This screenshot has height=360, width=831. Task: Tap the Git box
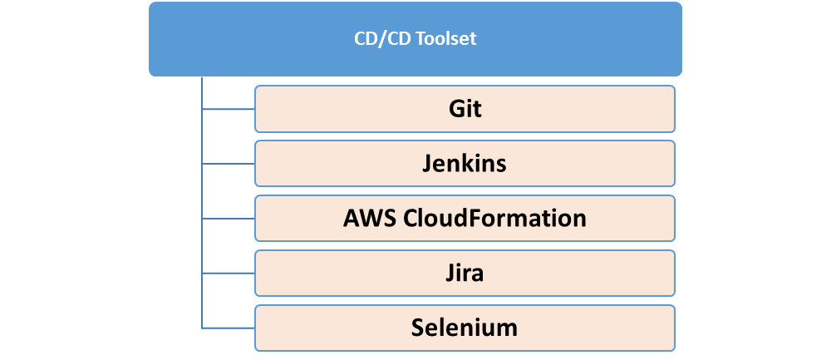pyautogui.click(x=465, y=109)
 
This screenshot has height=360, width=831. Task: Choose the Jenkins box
pyautogui.click(x=465, y=163)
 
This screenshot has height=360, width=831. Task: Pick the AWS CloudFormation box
pyautogui.click(x=465, y=219)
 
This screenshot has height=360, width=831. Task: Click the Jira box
pyautogui.click(x=465, y=273)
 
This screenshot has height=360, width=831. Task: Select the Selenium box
pyautogui.click(x=465, y=328)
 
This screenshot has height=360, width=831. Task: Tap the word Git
pyautogui.click(x=465, y=109)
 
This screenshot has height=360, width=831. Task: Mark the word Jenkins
pyautogui.click(x=465, y=164)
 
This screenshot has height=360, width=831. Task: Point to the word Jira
pyautogui.click(x=465, y=274)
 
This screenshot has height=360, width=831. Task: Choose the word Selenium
pyautogui.click(x=465, y=328)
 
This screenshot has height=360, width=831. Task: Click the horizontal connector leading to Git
pyautogui.click(x=229, y=109)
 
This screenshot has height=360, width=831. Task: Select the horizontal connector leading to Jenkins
pyautogui.click(x=229, y=164)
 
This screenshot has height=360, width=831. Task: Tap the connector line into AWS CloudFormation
pyautogui.click(x=229, y=219)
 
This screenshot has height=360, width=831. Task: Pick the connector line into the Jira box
pyautogui.click(x=229, y=274)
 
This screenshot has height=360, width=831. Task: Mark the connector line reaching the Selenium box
pyautogui.click(x=229, y=328)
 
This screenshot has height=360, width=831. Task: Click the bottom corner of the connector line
pyautogui.click(x=202, y=328)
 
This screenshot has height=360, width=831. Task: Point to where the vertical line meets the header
pyautogui.click(x=202, y=76)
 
